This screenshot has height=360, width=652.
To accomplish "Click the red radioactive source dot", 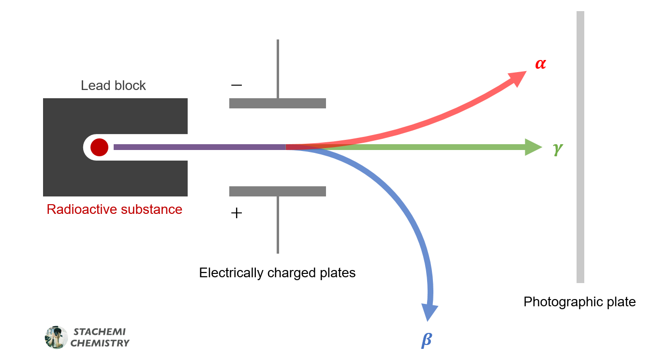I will [x=99, y=147].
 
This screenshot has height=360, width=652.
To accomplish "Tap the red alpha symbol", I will [x=540, y=64].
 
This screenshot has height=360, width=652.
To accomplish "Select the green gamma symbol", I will [x=558, y=150].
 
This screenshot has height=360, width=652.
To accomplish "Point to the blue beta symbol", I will [x=426, y=340].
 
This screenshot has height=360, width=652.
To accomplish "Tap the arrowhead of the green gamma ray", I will [x=533, y=147].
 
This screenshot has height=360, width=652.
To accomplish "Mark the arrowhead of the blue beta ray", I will [x=430, y=312].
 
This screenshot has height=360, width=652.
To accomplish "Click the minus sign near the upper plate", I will [x=237, y=85].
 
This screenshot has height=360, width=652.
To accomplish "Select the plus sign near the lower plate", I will [x=237, y=213].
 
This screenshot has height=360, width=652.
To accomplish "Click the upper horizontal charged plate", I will [x=277, y=103].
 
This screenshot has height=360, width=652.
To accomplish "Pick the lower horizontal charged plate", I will [x=277, y=191].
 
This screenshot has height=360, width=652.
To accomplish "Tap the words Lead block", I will [x=113, y=86].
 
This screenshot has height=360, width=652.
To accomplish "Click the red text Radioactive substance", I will [x=115, y=210].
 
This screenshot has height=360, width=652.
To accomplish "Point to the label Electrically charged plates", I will [x=277, y=273].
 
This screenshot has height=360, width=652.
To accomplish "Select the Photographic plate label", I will [x=579, y=302].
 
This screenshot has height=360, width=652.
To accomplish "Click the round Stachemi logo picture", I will [x=56, y=337].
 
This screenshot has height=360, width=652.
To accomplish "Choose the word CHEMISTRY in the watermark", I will [x=100, y=343].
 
